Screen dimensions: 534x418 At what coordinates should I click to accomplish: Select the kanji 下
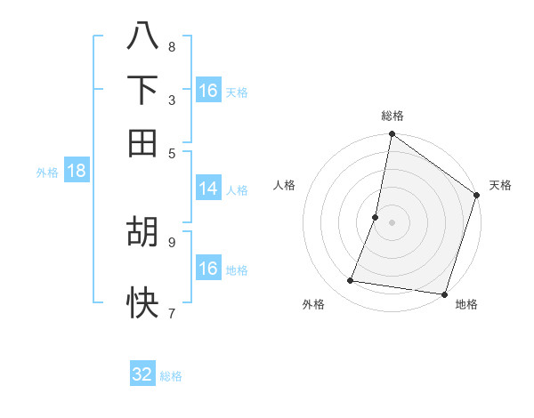click(x=142, y=90)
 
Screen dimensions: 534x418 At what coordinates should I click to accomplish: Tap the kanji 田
click(x=142, y=141)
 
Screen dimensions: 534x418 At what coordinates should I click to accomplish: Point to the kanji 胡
click(x=142, y=232)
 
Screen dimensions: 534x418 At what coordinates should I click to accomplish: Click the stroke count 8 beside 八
click(x=171, y=47)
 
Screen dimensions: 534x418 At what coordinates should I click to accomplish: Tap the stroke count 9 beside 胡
click(x=171, y=240)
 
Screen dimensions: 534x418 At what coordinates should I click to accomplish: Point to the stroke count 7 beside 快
click(x=171, y=312)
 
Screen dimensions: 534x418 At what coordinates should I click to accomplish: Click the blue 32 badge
click(x=142, y=374)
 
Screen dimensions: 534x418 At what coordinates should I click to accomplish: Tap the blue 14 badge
click(x=208, y=189)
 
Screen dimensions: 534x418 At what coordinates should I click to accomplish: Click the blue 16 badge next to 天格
click(x=208, y=91)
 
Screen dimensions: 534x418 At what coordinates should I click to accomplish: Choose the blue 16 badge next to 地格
click(x=208, y=269)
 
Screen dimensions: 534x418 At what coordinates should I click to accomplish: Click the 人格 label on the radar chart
click(x=285, y=185)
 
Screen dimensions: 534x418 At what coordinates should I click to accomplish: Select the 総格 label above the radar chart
click(x=392, y=117)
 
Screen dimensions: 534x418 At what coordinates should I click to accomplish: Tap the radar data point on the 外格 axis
click(x=351, y=281)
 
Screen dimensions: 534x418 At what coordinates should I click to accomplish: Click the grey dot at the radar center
click(x=392, y=221)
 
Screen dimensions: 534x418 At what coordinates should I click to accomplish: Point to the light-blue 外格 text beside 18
click(x=47, y=173)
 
